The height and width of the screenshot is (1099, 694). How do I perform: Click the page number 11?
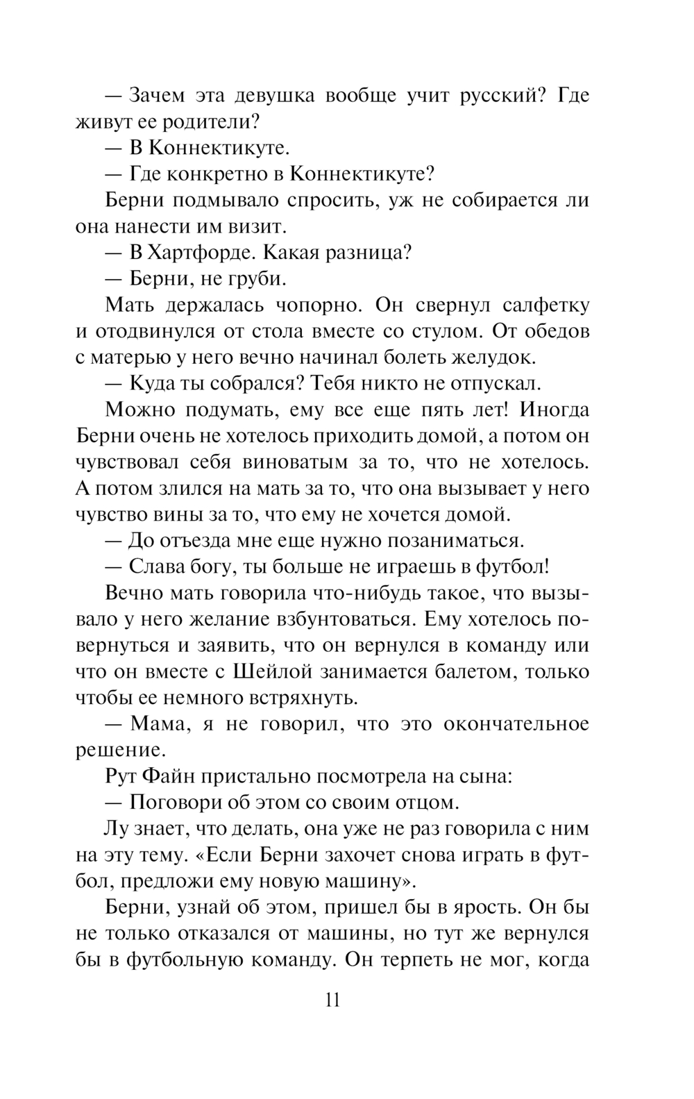(332, 1000)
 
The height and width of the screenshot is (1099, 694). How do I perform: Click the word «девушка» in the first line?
(273, 95)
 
